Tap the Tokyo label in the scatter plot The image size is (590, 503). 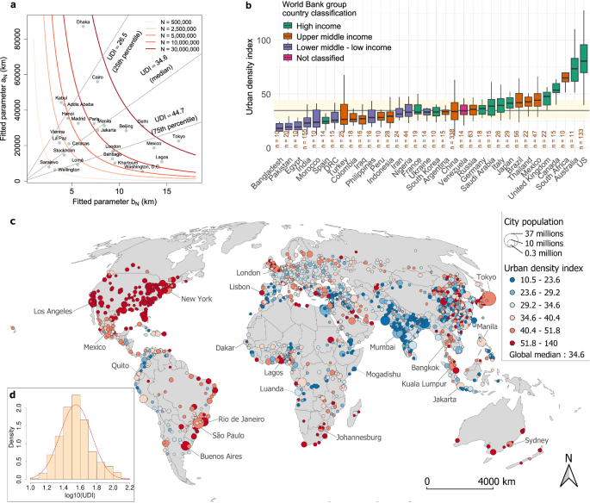[x=179, y=137]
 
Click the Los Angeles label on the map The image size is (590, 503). [x=58, y=310]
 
